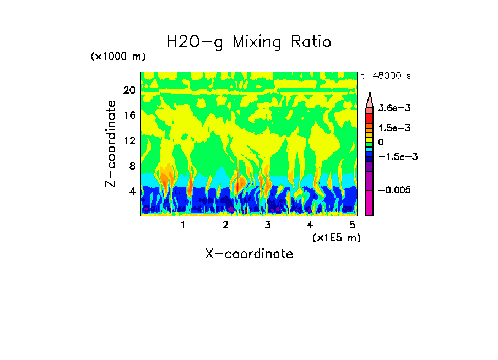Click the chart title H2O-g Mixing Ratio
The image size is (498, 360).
pyautogui.click(x=249, y=42)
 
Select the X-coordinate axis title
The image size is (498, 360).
pyautogui.click(x=249, y=254)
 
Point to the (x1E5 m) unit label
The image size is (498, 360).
pyautogui.click(x=336, y=237)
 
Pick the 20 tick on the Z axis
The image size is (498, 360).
pyautogui.click(x=129, y=90)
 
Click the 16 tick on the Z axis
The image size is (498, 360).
pyautogui.click(x=129, y=116)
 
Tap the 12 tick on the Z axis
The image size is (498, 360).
pyautogui.click(x=129, y=141)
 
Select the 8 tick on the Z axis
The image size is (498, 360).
pyautogui.click(x=132, y=166)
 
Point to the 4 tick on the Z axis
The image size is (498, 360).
pyautogui.click(x=132, y=191)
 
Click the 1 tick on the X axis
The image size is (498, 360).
pyautogui.click(x=183, y=225)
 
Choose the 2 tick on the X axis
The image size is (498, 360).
pyautogui.click(x=225, y=225)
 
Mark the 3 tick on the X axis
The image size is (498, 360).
pyautogui.click(x=268, y=225)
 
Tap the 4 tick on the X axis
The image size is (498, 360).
pyautogui.click(x=310, y=225)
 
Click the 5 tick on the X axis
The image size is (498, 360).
pyautogui.click(x=352, y=225)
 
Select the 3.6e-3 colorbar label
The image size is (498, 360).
pyautogui.click(x=394, y=109)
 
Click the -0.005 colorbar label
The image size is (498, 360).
pyautogui.click(x=398, y=190)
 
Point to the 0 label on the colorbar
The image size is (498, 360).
pyautogui.click(x=380, y=143)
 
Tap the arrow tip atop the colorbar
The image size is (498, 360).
pyautogui.click(x=370, y=94)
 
